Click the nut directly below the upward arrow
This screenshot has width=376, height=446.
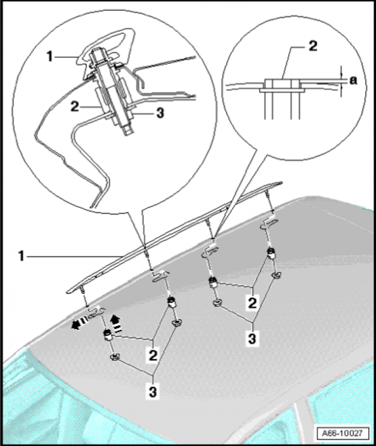[108, 335]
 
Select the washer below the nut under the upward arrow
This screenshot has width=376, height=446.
[116, 359]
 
